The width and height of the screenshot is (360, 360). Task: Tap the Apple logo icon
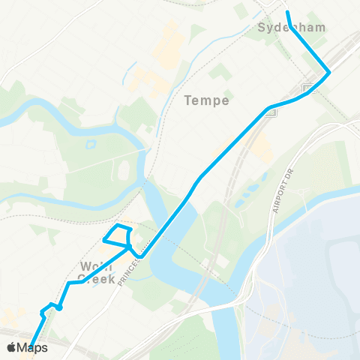point(12,347)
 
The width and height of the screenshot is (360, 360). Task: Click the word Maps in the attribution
point(33,348)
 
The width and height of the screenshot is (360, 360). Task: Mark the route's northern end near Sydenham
point(288,13)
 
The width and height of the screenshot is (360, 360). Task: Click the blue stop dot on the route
point(58,307)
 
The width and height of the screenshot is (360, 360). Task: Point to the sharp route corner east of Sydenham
point(328,72)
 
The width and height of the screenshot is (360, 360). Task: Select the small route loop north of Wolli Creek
point(118,235)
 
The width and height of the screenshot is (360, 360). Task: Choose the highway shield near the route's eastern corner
point(307,89)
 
